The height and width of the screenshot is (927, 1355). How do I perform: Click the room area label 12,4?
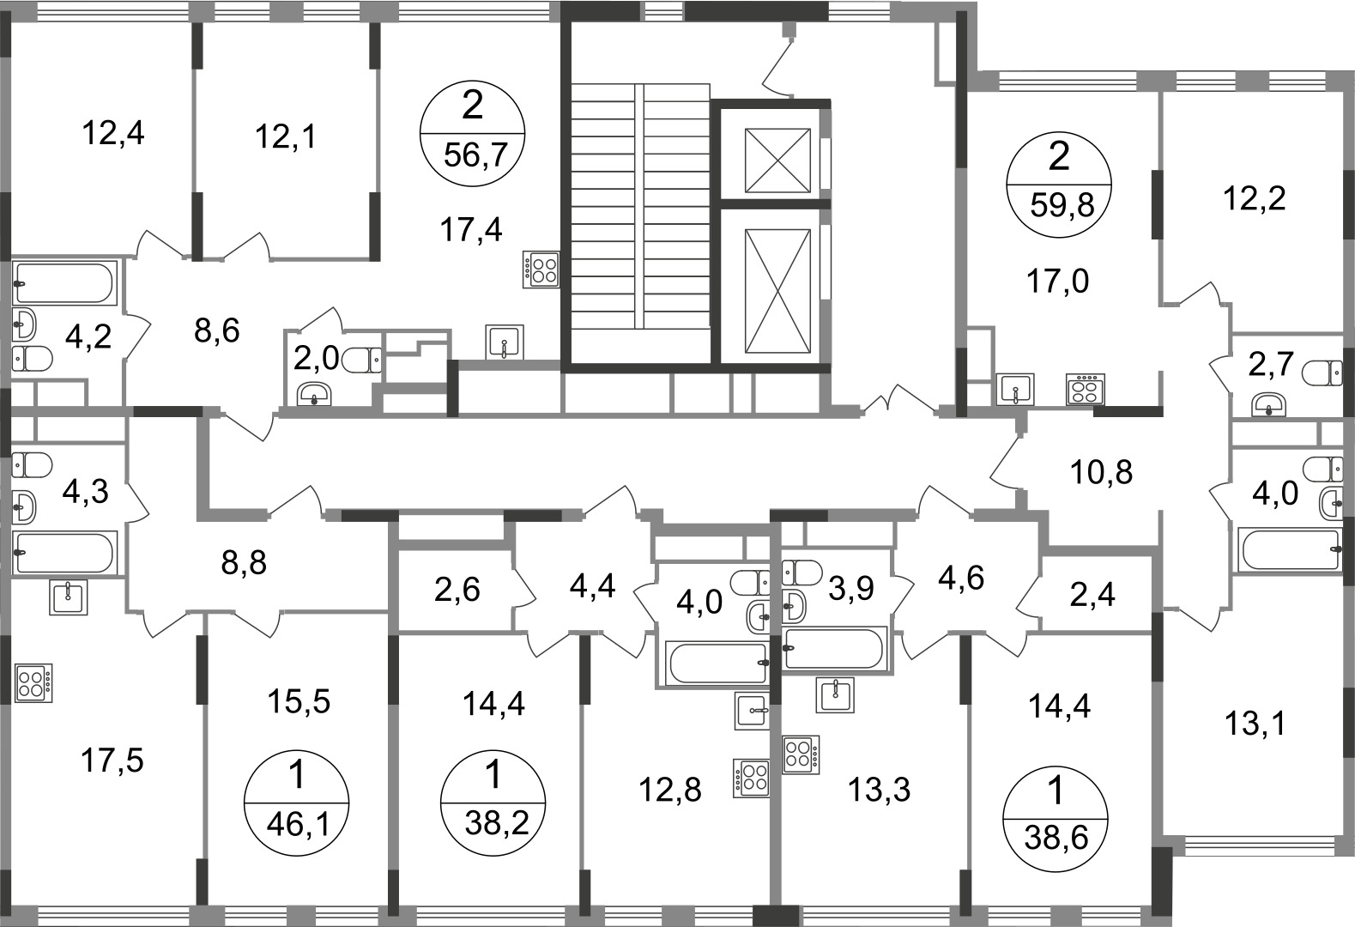click(113, 133)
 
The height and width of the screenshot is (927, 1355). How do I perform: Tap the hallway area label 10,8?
click(1101, 472)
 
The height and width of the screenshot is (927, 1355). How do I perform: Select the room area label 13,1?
click(1255, 723)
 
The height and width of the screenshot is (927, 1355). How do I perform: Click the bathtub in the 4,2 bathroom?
click(63, 283)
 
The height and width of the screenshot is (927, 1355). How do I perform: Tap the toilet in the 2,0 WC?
click(362, 361)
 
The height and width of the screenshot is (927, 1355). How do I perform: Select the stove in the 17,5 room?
click(33, 683)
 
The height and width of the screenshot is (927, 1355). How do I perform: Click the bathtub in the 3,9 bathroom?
click(835, 648)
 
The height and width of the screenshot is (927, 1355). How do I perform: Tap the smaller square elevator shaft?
click(777, 161)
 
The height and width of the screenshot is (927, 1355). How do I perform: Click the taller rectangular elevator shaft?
click(777, 290)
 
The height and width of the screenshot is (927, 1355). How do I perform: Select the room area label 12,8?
click(669, 790)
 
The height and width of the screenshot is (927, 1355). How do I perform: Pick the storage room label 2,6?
click(457, 590)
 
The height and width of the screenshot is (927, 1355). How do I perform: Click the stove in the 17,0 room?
click(1086, 389)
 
